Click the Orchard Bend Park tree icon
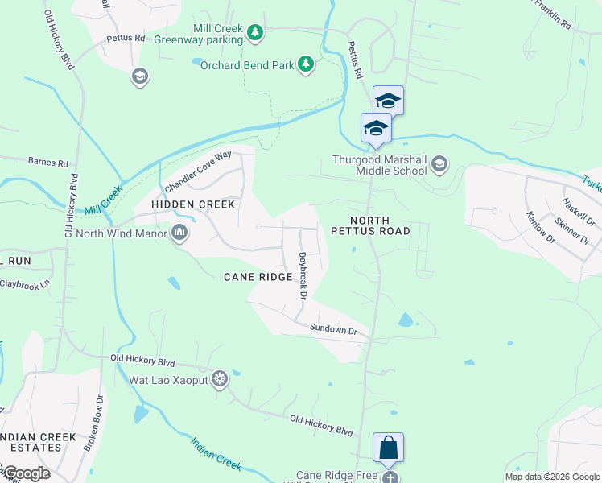(305, 64)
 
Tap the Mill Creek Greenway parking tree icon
(255, 32)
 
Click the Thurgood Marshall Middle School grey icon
(439, 165)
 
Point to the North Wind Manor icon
(179, 234)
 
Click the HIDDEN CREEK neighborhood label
(193, 204)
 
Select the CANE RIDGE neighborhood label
(258, 277)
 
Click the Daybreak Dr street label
(303, 276)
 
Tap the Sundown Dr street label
(333, 329)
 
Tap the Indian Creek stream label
(216, 454)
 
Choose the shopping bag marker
(388, 447)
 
